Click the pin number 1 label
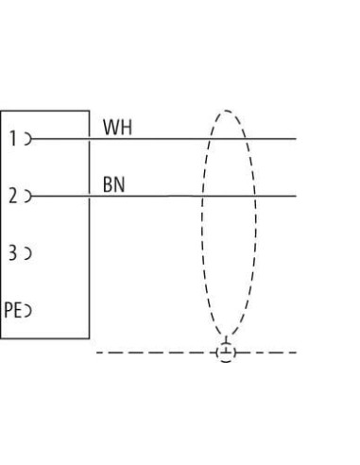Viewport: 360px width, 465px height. tap(13, 139)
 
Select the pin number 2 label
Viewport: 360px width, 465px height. tap(13, 196)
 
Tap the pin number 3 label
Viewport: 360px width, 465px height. tap(12, 253)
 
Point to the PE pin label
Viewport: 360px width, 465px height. tap(13, 310)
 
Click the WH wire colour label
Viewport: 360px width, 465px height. tap(117, 128)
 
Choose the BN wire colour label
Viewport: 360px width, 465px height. tap(114, 184)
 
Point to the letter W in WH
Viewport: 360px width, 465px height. tap(111, 128)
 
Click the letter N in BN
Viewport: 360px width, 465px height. tap(120, 184)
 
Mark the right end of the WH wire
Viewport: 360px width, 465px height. tap(296, 139)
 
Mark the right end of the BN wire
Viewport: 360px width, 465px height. tap(296, 196)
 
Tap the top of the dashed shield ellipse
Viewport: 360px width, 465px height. tap(227, 111)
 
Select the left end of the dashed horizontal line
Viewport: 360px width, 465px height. tap(96, 353)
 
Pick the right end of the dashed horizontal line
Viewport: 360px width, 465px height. tap(296, 353)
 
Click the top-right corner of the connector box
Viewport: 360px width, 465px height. tap(90, 111)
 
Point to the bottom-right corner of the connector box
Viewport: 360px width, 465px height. tap(90, 338)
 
